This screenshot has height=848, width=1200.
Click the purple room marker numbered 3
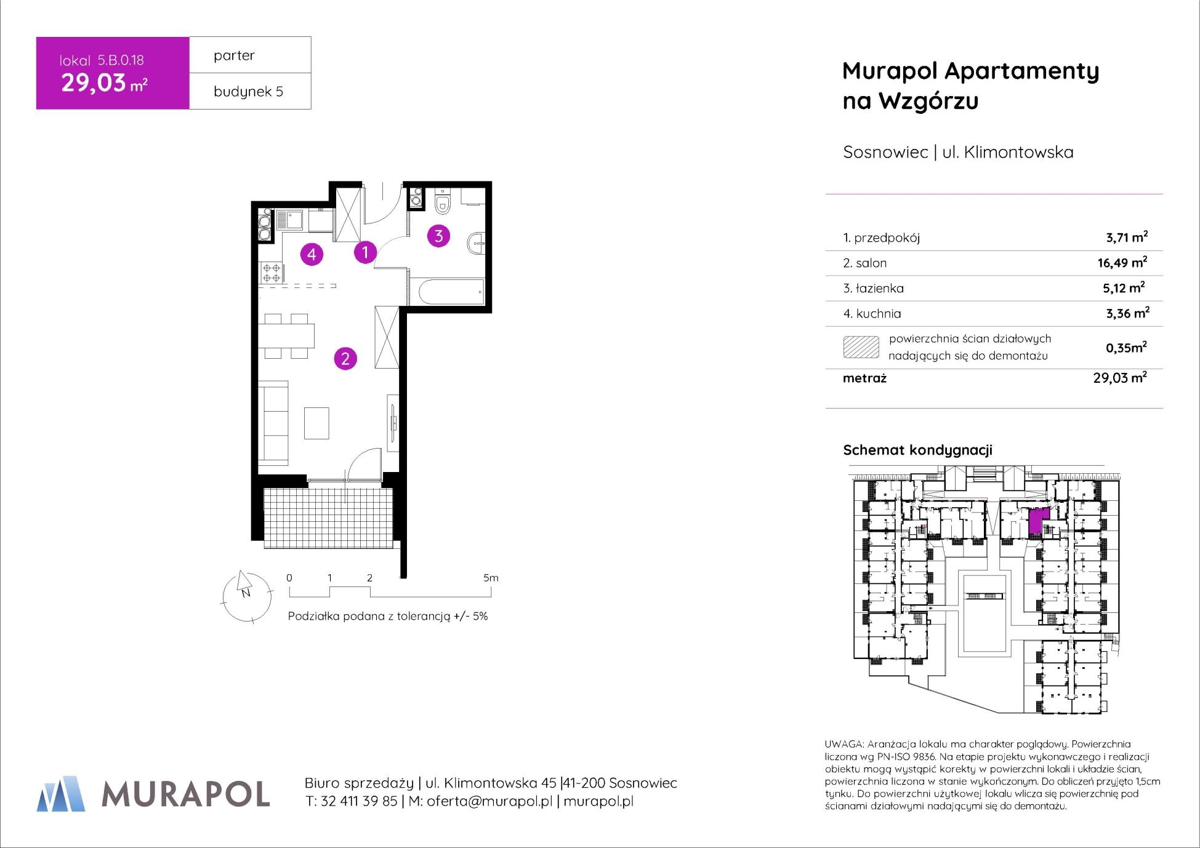(438, 235)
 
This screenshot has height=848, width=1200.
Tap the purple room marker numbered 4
(312, 254)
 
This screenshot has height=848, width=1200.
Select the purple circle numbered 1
(365, 252)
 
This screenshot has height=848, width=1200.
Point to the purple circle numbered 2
(345, 358)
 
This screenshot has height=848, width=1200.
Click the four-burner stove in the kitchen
(271, 273)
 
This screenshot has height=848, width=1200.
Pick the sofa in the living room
(273, 423)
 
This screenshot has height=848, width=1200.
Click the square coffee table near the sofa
(316, 423)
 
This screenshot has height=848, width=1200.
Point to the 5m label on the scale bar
(491, 578)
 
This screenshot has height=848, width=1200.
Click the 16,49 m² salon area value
(1122, 263)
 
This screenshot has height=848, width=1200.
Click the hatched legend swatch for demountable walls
(861, 347)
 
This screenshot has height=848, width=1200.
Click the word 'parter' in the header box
(234, 55)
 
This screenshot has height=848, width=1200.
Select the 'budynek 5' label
(248, 92)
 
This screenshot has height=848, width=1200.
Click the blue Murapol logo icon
(61, 793)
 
